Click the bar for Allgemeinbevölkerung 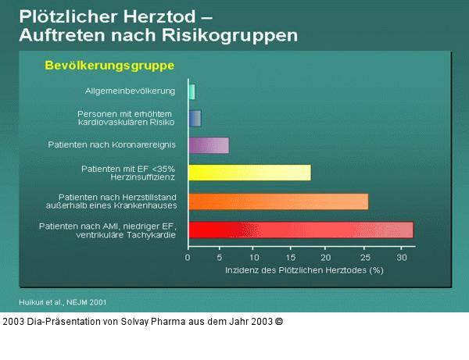pyautogui.click(x=192, y=91)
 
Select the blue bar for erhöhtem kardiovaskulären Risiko pyautogui.click(x=195, y=118)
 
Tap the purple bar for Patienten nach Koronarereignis pyautogui.click(x=209, y=145)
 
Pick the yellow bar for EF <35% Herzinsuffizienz pyautogui.click(x=249, y=173)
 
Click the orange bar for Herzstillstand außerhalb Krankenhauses pyautogui.click(x=278, y=201)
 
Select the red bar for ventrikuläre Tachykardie pyautogui.click(x=301, y=230)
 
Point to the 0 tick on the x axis pyautogui.click(x=188, y=256)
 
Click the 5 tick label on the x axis pyautogui.click(x=220, y=256)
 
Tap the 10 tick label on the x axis pyautogui.click(x=254, y=256)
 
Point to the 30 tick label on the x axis pyautogui.click(x=401, y=256)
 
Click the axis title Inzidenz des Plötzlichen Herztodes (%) pyautogui.click(x=304, y=270)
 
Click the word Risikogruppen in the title pyautogui.click(x=234, y=35)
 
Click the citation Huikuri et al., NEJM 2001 pyautogui.click(x=63, y=301)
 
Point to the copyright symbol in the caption pyautogui.click(x=279, y=321)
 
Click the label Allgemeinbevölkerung pyautogui.click(x=131, y=91)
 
